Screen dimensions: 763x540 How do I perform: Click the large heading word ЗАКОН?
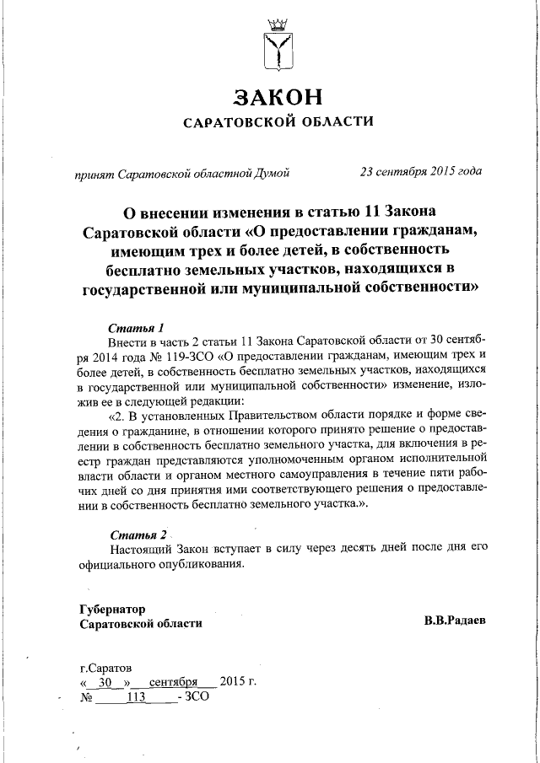tap(278, 97)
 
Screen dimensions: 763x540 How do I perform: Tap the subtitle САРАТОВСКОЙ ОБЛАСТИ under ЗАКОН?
tap(278, 123)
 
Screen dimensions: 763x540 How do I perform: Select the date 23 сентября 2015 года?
tap(421, 172)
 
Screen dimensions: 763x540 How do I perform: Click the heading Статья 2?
tap(139, 535)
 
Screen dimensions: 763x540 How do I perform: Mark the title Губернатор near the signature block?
tap(112, 608)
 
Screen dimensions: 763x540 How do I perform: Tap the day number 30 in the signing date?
tap(105, 682)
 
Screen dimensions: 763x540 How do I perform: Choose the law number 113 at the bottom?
tap(136, 697)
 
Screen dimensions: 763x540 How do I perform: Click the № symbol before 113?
tap(84, 697)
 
